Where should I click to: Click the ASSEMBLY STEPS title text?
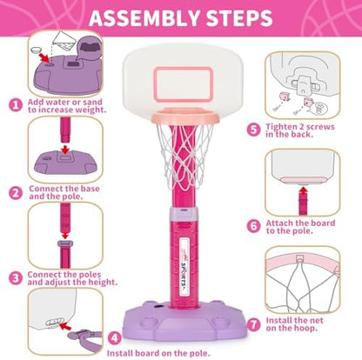[x=181, y=19]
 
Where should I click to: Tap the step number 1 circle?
[x=15, y=103]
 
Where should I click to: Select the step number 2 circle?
[x=15, y=193]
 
